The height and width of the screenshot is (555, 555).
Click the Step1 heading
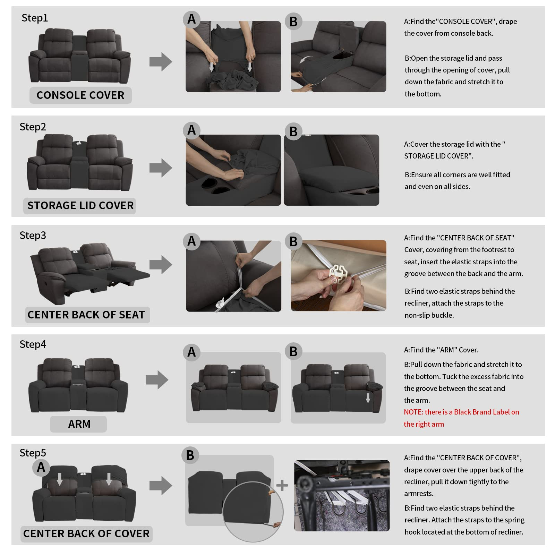point(35,18)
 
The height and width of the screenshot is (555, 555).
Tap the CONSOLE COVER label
point(80,95)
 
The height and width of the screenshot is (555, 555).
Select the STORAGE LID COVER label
point(80,205)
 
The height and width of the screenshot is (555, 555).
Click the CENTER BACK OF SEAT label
point(86,315)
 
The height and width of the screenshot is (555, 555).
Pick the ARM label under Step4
point(79,424)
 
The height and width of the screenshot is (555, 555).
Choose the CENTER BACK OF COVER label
point(86,533)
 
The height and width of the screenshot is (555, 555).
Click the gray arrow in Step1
point(161,62)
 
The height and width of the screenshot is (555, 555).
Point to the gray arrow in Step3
point(161,265)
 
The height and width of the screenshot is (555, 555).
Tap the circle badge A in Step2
point(191,130)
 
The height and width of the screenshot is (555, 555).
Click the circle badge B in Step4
point(293,351)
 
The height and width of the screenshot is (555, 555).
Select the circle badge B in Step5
point(190,455)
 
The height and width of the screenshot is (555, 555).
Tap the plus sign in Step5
point(282,486)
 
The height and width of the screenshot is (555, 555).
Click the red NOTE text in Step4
point(461,418)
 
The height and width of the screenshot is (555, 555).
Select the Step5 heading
point(33,453)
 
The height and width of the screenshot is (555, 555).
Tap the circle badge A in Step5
point(41,467)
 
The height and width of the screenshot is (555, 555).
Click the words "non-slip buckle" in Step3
point(429,315)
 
